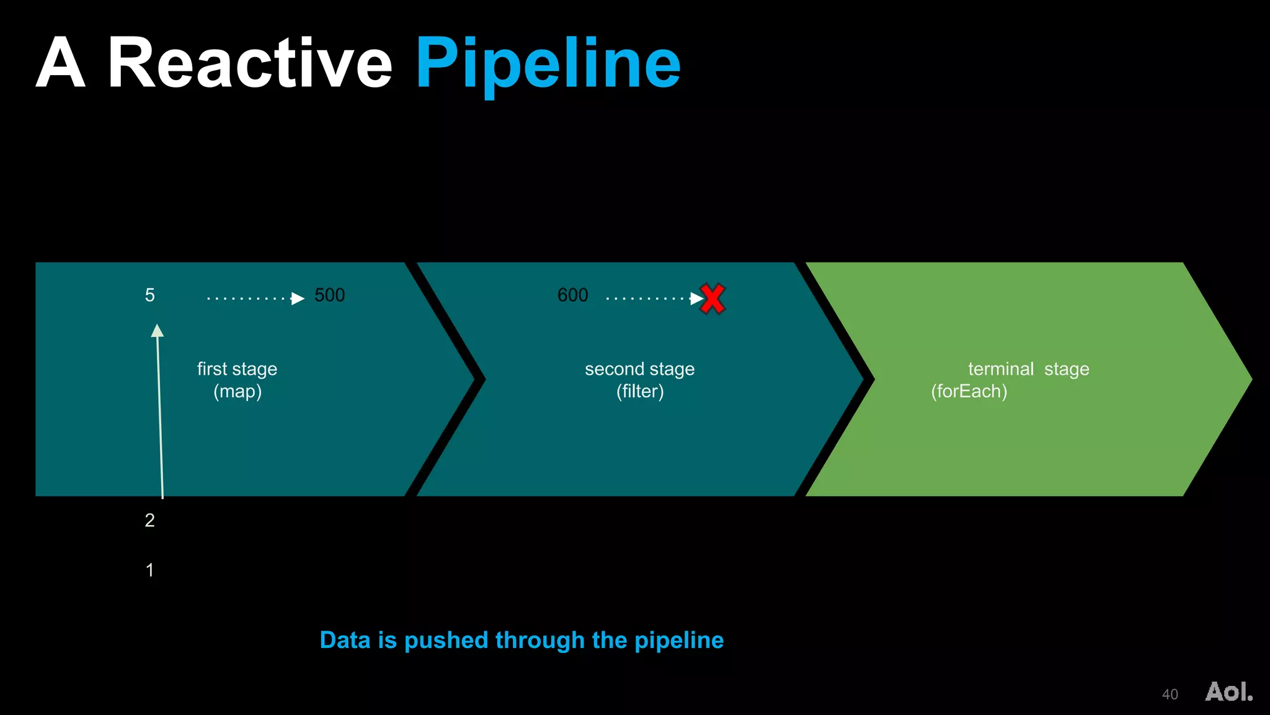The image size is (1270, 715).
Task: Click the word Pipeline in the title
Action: (548, 64)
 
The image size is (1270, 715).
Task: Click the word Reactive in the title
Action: (250, 64)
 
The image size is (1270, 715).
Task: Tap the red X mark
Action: (712, 299)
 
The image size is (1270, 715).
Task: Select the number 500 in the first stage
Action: (329, 295)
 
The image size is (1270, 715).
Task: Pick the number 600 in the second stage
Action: (572, 295)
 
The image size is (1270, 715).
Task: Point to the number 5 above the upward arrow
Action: (149, 295)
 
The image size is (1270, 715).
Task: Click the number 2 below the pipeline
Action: (149, 520)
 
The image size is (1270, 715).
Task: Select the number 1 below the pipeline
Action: (149, 570)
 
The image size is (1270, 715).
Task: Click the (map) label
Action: (238, 392)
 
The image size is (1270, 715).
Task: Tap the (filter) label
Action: (640, 392)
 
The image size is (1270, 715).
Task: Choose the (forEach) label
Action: (969, 392)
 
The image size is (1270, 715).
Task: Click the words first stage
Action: (237, 369)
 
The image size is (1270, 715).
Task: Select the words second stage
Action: (639, 369)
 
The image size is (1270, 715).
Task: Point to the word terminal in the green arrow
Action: (1001, 369)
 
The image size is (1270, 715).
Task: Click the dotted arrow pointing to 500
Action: (255, 299)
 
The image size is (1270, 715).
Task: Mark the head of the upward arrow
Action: (158, 331)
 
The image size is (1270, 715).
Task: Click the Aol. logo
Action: (1228, 691)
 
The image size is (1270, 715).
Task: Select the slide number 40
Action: (1170, 695)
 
